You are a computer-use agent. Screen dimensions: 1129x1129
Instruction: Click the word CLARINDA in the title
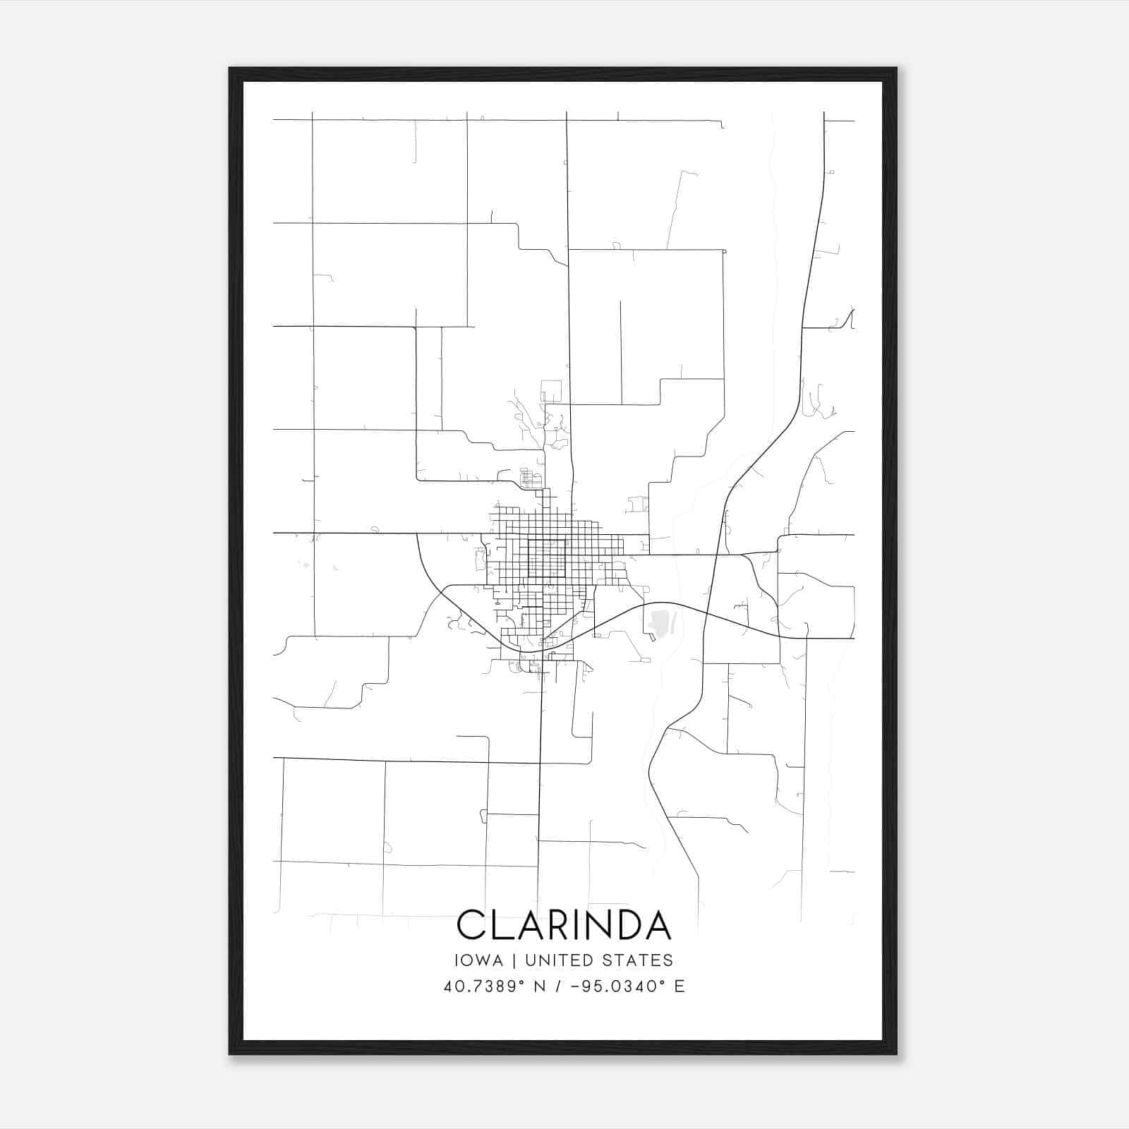pyautogui.click(x=564, y=924)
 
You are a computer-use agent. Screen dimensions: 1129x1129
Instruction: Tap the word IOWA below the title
pyautogui.click(x=479, y=960)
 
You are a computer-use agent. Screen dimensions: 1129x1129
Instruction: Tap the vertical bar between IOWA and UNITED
pyautogui.click(x=514, y=960)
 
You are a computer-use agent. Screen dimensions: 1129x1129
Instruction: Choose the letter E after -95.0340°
pyautogui.click(x=680, y=986)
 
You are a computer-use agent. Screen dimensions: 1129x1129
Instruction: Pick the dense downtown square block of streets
pyautogui.click(x=547, y=558)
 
